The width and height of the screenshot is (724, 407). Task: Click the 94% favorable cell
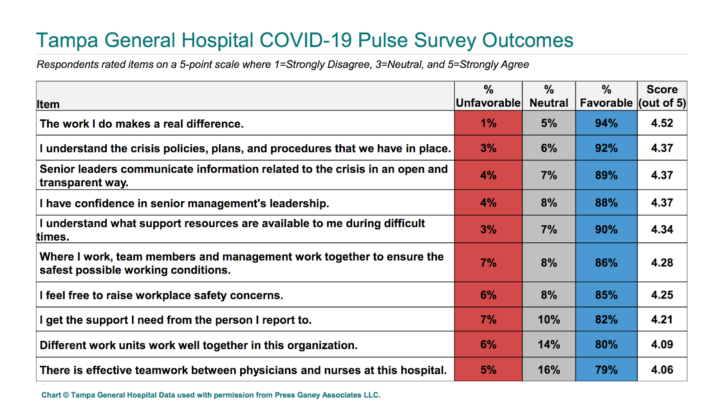[606, 123]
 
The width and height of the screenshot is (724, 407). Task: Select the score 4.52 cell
[662, 123]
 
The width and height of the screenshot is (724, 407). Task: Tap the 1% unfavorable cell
[488, 123]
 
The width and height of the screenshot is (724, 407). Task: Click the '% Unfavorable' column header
[488, 96]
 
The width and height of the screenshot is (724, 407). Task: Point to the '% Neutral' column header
[549, 96]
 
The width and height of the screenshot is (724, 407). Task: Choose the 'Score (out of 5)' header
[662, 96]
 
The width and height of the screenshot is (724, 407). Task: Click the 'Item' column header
[48, 104]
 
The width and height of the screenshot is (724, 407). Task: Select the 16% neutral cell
[549, 370]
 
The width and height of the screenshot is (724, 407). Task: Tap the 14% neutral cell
[549, 345]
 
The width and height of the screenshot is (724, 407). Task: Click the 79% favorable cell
[606, 370]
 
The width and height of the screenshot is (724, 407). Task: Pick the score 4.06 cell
[662, 370]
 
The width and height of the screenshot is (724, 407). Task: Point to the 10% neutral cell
[549, 320]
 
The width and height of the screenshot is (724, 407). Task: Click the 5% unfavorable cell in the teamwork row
[488, 370]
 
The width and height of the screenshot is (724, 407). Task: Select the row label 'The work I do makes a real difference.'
[142, 124]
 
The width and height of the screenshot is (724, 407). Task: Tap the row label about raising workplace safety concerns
[161, 295]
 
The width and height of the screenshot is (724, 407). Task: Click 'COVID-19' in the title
[305, 40]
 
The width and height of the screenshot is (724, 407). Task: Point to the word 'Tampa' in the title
[67, 40]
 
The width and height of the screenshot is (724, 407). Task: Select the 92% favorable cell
[606, 148]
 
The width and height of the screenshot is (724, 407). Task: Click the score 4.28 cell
[662, 263]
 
